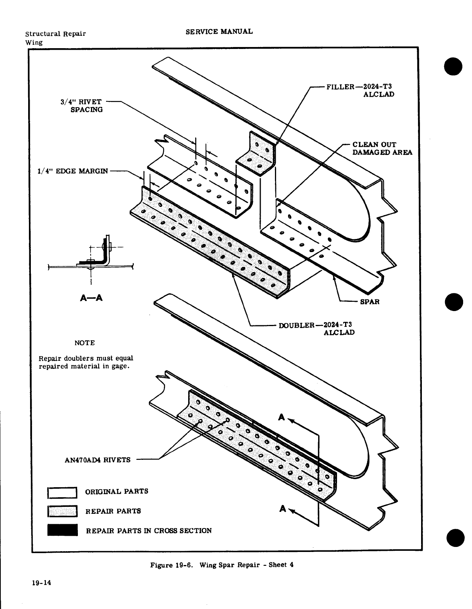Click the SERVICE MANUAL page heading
coord(219,32)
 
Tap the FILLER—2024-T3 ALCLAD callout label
coord(360,90)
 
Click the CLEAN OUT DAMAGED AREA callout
coord(382,148)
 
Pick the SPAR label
coord(370,301)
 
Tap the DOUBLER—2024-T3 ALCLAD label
coord(316,328)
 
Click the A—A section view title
coord(91,298)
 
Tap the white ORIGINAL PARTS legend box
coord(62,492)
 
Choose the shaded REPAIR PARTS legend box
coord(62,511)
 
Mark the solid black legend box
coord(62,530)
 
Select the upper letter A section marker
coord(282,417)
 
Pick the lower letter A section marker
coord(283,509)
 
